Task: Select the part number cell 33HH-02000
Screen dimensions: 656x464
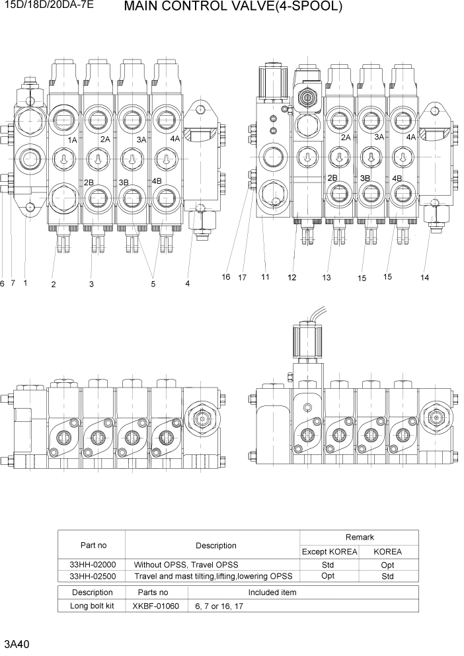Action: [x=92, y=565]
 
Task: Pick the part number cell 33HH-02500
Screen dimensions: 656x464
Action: [x=92, y=576]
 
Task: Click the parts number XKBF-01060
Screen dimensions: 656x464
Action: [x=155, y=606]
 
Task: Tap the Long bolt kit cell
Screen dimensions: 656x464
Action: [x=92, y=606]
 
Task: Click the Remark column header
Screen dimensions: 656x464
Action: [x=360, y=538]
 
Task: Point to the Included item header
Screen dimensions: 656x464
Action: [x=272, y=593]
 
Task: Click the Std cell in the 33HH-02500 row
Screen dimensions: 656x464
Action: [x=387, y=576]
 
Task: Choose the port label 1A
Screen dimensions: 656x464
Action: [x=72, y=140]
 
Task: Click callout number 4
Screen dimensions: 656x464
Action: [x=187, y=284]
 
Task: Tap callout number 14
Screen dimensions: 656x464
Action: [x=424, y=278]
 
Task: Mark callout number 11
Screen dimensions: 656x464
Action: [x=265, y=277]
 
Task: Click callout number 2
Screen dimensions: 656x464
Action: [x=53, y=284]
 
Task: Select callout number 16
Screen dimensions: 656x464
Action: [x=226, y=277]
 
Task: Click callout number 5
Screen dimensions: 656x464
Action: [x=153, y=284]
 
